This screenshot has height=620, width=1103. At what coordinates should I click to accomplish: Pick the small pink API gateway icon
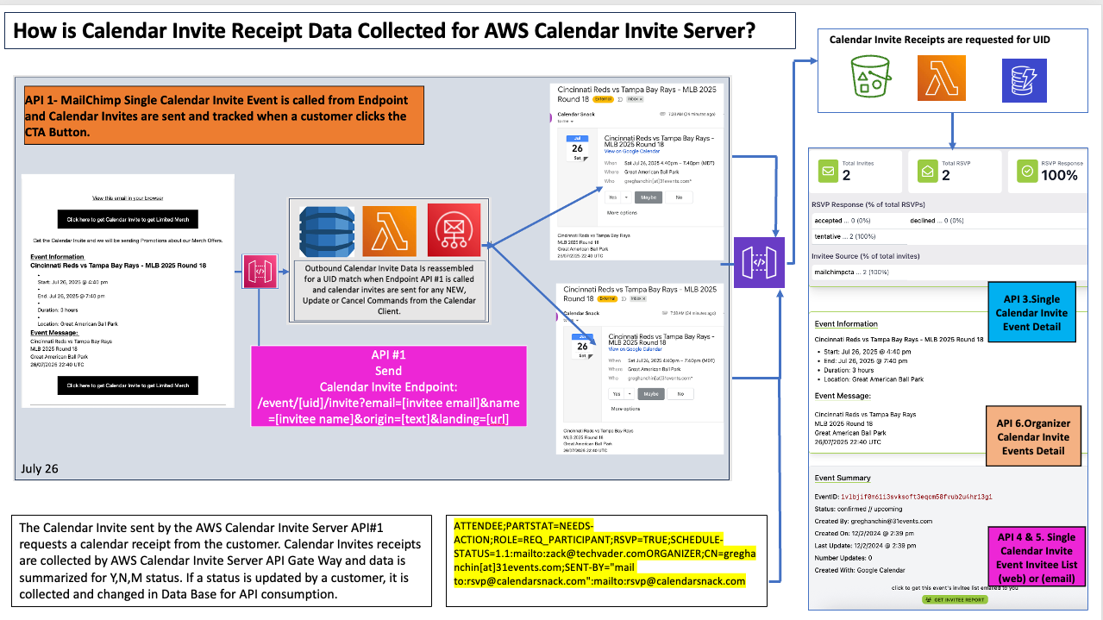click(x=260, y=270)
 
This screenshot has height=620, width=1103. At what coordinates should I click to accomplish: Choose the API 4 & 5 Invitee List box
click(x=1036, y=558)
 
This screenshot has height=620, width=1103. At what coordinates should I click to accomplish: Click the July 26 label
click(x=40, y=469)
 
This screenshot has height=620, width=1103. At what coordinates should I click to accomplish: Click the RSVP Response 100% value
click(x=1059, y=175)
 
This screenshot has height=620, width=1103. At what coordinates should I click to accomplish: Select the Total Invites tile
click(x=855, y=170)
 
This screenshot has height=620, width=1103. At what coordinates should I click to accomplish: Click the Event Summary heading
click(x=843, y=478)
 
